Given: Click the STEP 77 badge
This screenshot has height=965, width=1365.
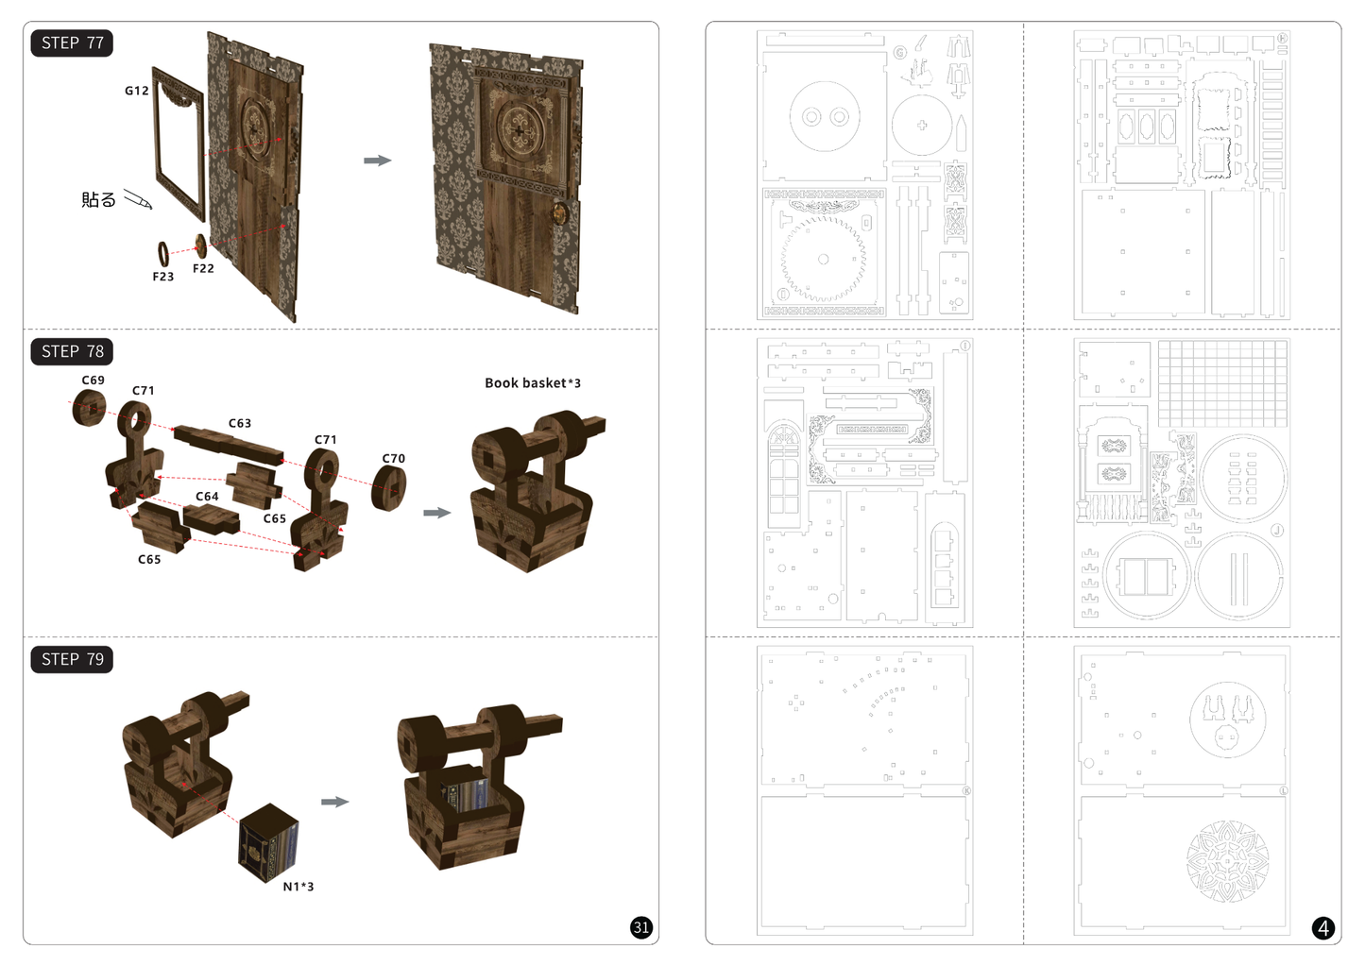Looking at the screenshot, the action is coord(72,43).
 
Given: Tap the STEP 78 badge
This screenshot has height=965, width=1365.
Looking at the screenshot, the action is coord(72,351).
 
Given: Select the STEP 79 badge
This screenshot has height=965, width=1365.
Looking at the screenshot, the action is coord(72,659).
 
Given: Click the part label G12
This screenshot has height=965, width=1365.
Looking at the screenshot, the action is coord(136,91).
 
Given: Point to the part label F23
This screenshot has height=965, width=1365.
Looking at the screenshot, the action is coord(163,277).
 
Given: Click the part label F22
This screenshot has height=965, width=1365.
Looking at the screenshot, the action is coord(203,269).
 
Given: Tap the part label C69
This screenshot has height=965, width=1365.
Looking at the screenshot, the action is coord(94,381).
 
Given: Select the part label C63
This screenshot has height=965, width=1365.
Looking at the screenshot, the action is coord(240,423).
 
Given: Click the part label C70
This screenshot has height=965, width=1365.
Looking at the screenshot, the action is coord(394,459).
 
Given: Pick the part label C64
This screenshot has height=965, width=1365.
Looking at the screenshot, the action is coord(207,497).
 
